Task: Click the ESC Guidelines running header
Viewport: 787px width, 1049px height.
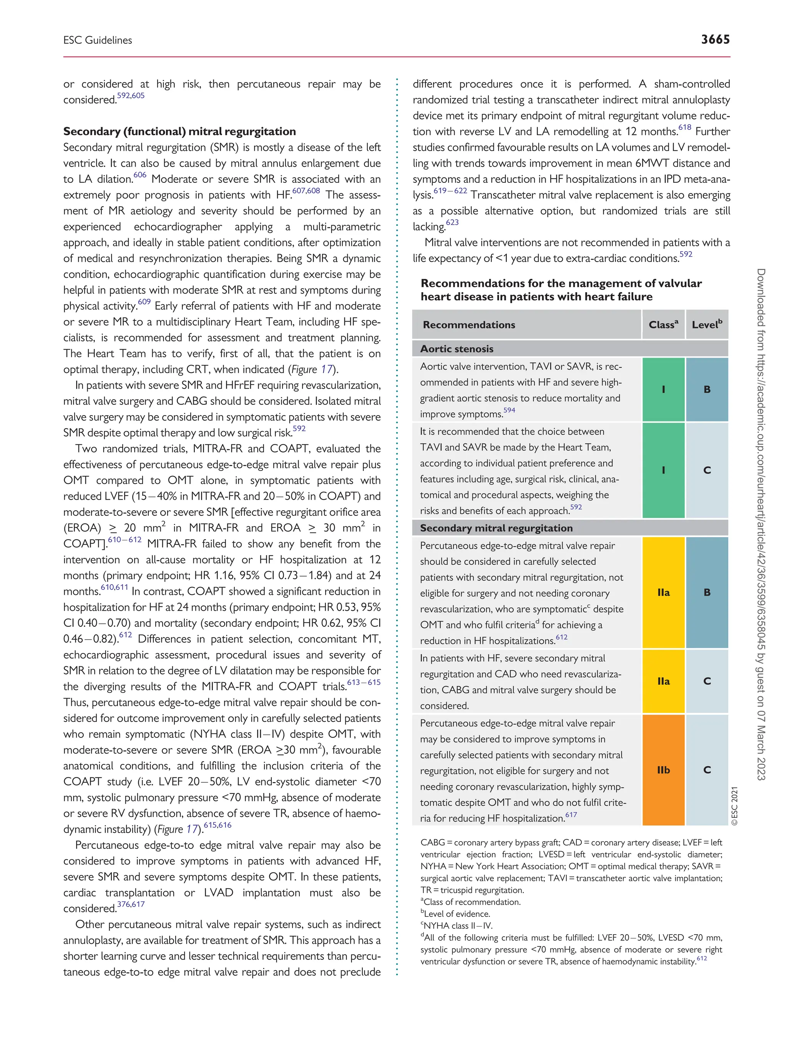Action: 98,40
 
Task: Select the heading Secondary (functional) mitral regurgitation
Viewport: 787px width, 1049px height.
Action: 179,131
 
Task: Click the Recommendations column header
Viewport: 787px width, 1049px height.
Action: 469,325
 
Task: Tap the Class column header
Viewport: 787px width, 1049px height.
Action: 663,325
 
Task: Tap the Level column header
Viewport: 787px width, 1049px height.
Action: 706,325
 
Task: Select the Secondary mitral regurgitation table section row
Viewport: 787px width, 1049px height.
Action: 496,528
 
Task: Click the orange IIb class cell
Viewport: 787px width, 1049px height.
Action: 663,770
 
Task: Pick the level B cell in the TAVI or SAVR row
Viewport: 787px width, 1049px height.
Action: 707,389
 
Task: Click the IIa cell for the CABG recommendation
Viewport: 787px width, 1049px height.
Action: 663,681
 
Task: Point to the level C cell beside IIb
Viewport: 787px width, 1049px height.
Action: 707,770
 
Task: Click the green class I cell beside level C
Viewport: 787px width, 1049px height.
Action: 663,470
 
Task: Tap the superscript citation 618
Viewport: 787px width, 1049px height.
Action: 684,128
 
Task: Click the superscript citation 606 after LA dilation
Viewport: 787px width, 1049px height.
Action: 139,175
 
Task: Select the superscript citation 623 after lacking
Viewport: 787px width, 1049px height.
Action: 452,222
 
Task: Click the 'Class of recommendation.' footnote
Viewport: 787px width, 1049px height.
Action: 472,902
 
